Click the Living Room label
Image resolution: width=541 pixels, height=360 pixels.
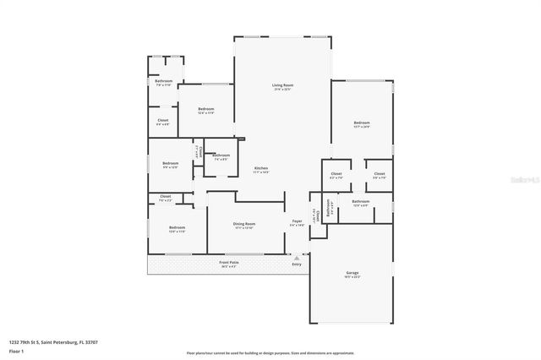pyautogui.click(x=281, y=85)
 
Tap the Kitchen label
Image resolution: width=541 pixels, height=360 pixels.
pyautogui.click(x=261, y=168)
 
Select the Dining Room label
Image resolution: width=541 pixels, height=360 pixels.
pyautogui.click(x=244, y=223)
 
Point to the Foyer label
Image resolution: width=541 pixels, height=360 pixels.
pyautogui.click(x=297, y=223)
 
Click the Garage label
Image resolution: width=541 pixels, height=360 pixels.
pyautogui.click(x=352, y=273)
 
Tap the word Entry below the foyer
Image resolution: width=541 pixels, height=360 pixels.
pyautogui.click(x=296, y=265)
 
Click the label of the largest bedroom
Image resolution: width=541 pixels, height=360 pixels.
pyautogui.click(x=362, y=123)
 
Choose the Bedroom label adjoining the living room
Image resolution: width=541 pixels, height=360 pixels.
pyautogui.click(x=205, y=109)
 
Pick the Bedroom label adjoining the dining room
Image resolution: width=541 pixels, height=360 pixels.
pyautogui.click(x=177, y=227)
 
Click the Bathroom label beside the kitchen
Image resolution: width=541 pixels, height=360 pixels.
pyautogui.click(x=221, y=155)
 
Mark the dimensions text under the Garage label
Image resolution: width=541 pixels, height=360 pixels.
pyautogui.click(x=352, y=278)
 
